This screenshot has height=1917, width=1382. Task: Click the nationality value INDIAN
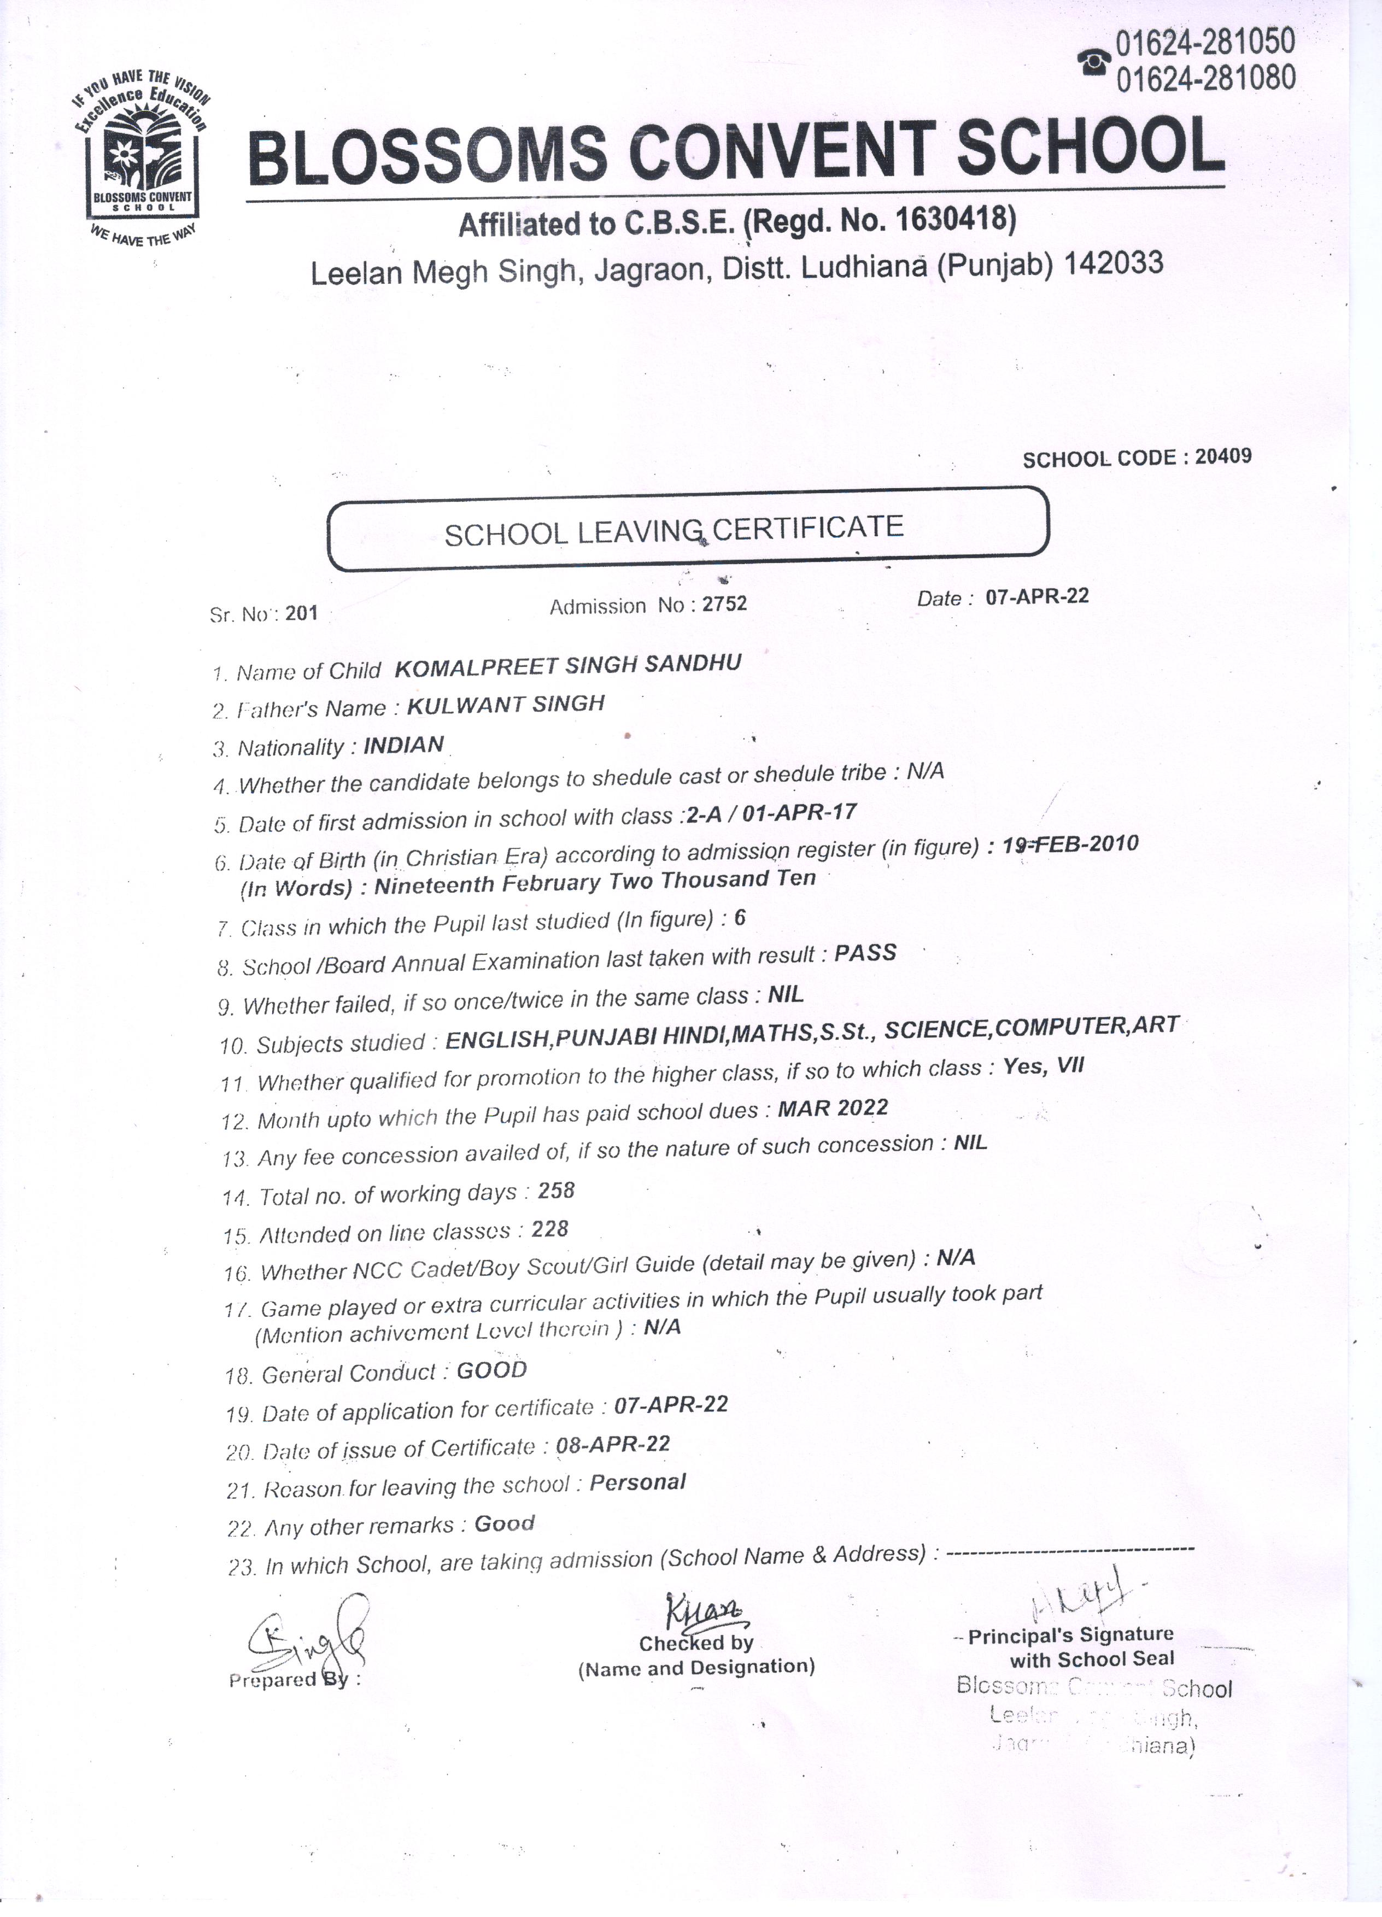point(403,744)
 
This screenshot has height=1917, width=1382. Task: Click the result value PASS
point(865,953)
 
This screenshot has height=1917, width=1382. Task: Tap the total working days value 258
point(556,1191)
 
